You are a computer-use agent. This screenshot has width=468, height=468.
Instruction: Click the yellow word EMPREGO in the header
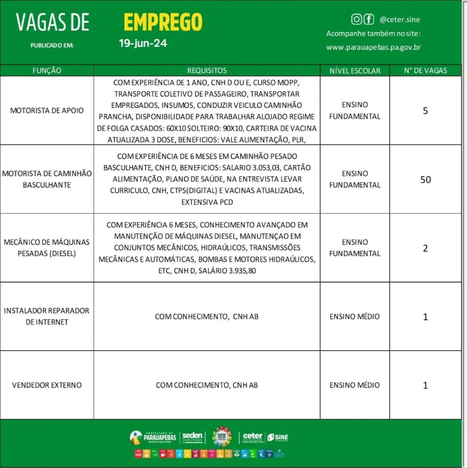(163, 22)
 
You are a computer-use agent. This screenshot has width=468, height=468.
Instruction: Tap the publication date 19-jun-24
(143, 44)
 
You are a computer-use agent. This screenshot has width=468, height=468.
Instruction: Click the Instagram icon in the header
(356, 19)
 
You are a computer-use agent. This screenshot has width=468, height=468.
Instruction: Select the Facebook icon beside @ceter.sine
(368, 19)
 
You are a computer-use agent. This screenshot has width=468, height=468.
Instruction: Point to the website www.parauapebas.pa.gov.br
(373, 47)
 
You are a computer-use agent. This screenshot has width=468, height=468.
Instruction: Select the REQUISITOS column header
(207, 70)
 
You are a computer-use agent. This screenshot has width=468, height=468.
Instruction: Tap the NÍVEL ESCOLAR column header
(355, 70)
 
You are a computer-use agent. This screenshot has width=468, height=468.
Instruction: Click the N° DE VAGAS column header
(425, 70)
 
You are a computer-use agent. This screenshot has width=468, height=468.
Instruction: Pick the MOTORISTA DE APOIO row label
(47, 111)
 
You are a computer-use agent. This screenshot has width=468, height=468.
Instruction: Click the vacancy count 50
(425, 180)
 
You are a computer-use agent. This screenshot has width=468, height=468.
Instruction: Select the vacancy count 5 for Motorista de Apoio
(425, 111)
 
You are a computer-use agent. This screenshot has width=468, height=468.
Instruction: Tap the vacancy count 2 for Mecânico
(425, 248)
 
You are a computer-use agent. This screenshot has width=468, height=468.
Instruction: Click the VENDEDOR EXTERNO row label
(47, 385)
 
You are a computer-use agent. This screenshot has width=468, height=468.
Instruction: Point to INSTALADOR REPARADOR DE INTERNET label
(47, 316)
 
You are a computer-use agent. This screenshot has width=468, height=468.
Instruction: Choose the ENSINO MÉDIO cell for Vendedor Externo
(355, 385)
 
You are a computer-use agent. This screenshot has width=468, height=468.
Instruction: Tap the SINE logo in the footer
(278, 437)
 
